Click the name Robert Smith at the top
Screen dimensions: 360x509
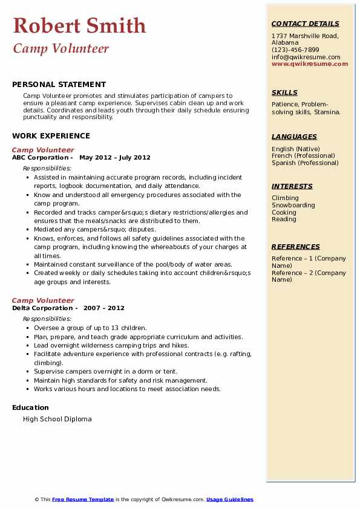point(79,25)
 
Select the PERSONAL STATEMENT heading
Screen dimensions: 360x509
point(59,85)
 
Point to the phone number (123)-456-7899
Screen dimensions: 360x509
point(295,50)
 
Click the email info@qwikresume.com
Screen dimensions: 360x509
point(306,57)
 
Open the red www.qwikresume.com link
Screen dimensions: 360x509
point(310,63)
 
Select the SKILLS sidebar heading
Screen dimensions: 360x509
point(284,92)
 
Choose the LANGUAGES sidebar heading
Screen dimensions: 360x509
point(294,137)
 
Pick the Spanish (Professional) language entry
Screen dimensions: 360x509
point(305,163)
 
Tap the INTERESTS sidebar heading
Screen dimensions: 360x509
point(292,186)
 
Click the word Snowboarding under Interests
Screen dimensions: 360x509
point(293,205)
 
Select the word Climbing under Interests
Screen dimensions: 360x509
point(285,198)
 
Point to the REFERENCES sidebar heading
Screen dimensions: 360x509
point(296,247)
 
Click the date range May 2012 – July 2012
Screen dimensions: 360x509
point(114,157)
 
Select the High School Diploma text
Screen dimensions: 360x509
point(57,419)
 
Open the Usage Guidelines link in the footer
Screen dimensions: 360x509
point(230,499)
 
